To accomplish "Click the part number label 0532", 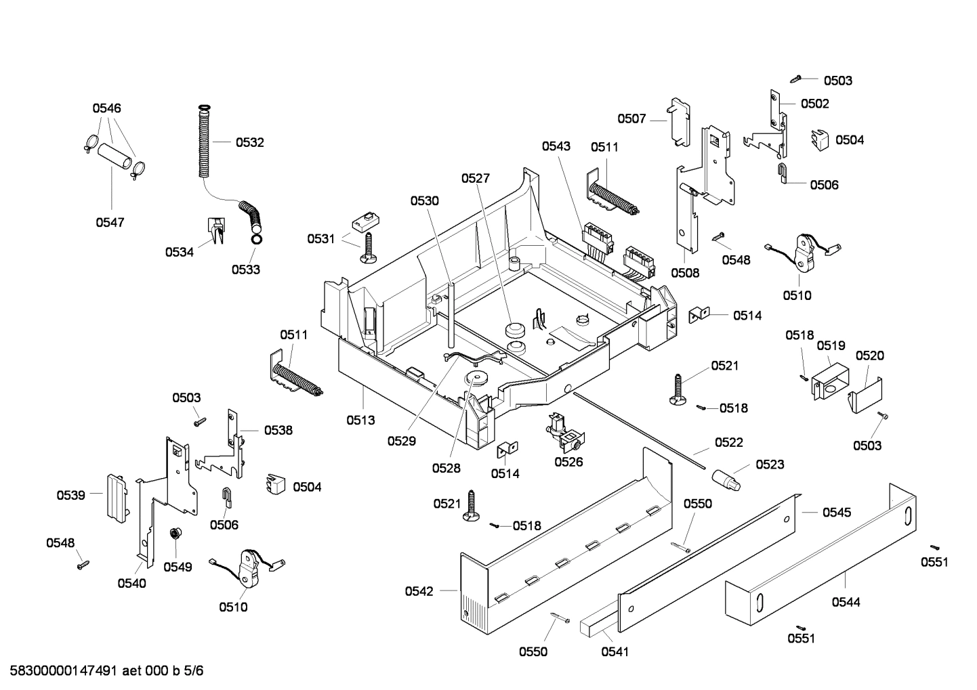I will [249, 142].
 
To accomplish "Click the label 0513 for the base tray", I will [360, 420].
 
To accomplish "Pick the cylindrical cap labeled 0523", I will [727, 479].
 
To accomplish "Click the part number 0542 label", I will [419, 591].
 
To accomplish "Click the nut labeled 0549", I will [174, 534].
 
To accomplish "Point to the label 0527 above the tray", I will [475, 178].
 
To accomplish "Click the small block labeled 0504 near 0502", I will [820, 139].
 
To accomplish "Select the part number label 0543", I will [556, 146].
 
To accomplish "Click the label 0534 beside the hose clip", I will [179, 252].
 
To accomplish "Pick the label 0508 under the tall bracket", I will [684, 273].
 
